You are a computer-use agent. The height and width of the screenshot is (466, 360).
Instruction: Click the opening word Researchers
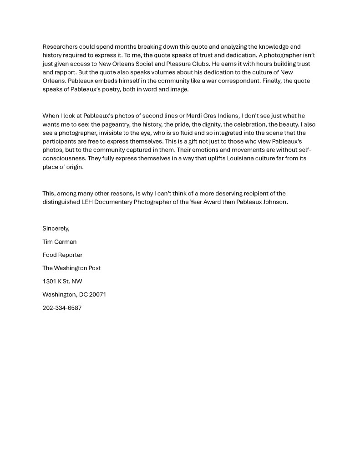pos(60,46)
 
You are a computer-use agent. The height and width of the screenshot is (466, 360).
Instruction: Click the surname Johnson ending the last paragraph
pos(275,202)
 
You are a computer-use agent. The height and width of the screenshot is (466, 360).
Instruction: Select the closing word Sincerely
pos(56,229)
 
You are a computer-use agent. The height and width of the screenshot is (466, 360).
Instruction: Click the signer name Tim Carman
pos(59,242)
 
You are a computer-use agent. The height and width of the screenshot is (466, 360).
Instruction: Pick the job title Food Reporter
pos(62,255)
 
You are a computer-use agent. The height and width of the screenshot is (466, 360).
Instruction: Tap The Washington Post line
pos(71,268)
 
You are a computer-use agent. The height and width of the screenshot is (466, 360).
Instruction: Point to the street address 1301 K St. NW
pos(62,282)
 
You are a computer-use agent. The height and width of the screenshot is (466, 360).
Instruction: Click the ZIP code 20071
pos(97,295)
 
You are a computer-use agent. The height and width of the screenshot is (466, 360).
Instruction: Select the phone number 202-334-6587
pos(62,308)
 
